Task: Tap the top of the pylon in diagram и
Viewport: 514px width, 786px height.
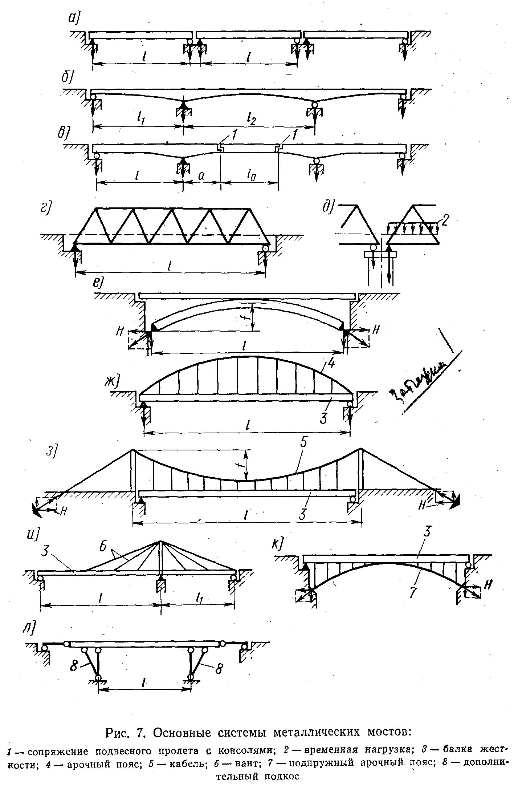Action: [x=160, y=542]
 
